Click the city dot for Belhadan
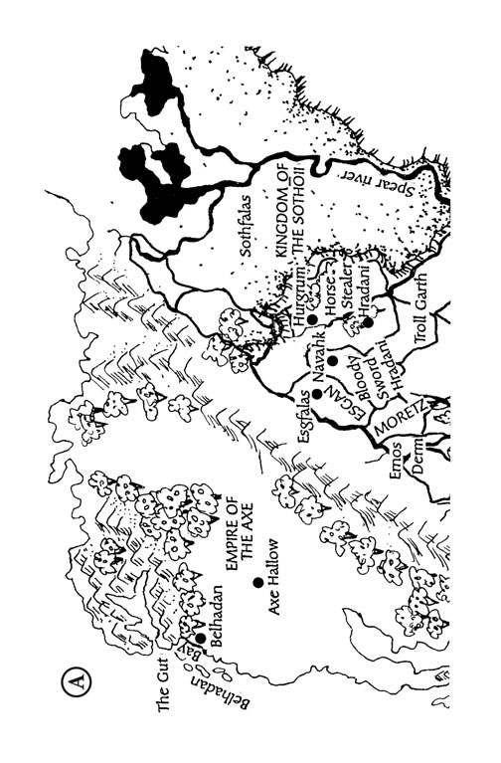click(200, 638)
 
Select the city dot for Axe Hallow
click(256, 583)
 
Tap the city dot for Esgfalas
click(315, 394)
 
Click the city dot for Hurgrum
click(312, 320)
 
